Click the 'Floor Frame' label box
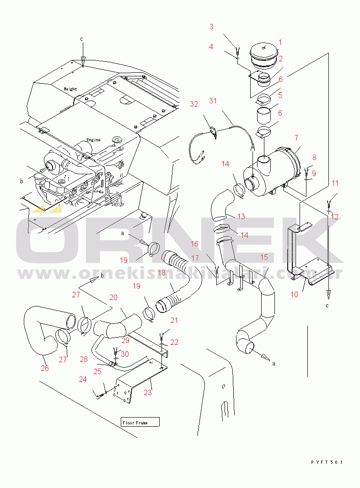140,422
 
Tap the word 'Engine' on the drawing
93,140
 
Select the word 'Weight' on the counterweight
70,89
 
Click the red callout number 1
280,42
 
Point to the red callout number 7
296,138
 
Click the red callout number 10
294,295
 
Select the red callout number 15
264,257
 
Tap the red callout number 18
162,273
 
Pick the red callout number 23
148,392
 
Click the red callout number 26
45,368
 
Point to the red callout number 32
194,104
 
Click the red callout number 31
213,101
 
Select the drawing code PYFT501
327,462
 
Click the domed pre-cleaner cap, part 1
264,54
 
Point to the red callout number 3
212,27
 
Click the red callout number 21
174,320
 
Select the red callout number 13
241,216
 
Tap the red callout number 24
83,379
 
